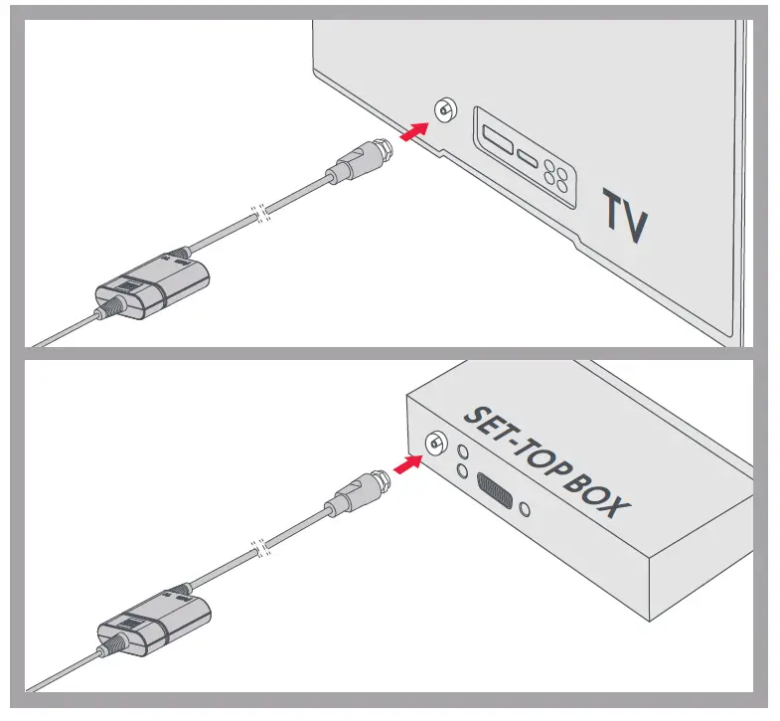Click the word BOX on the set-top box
click(602, 493)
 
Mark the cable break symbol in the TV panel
click(260, 214)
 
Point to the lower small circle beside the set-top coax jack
click(462, 470)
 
